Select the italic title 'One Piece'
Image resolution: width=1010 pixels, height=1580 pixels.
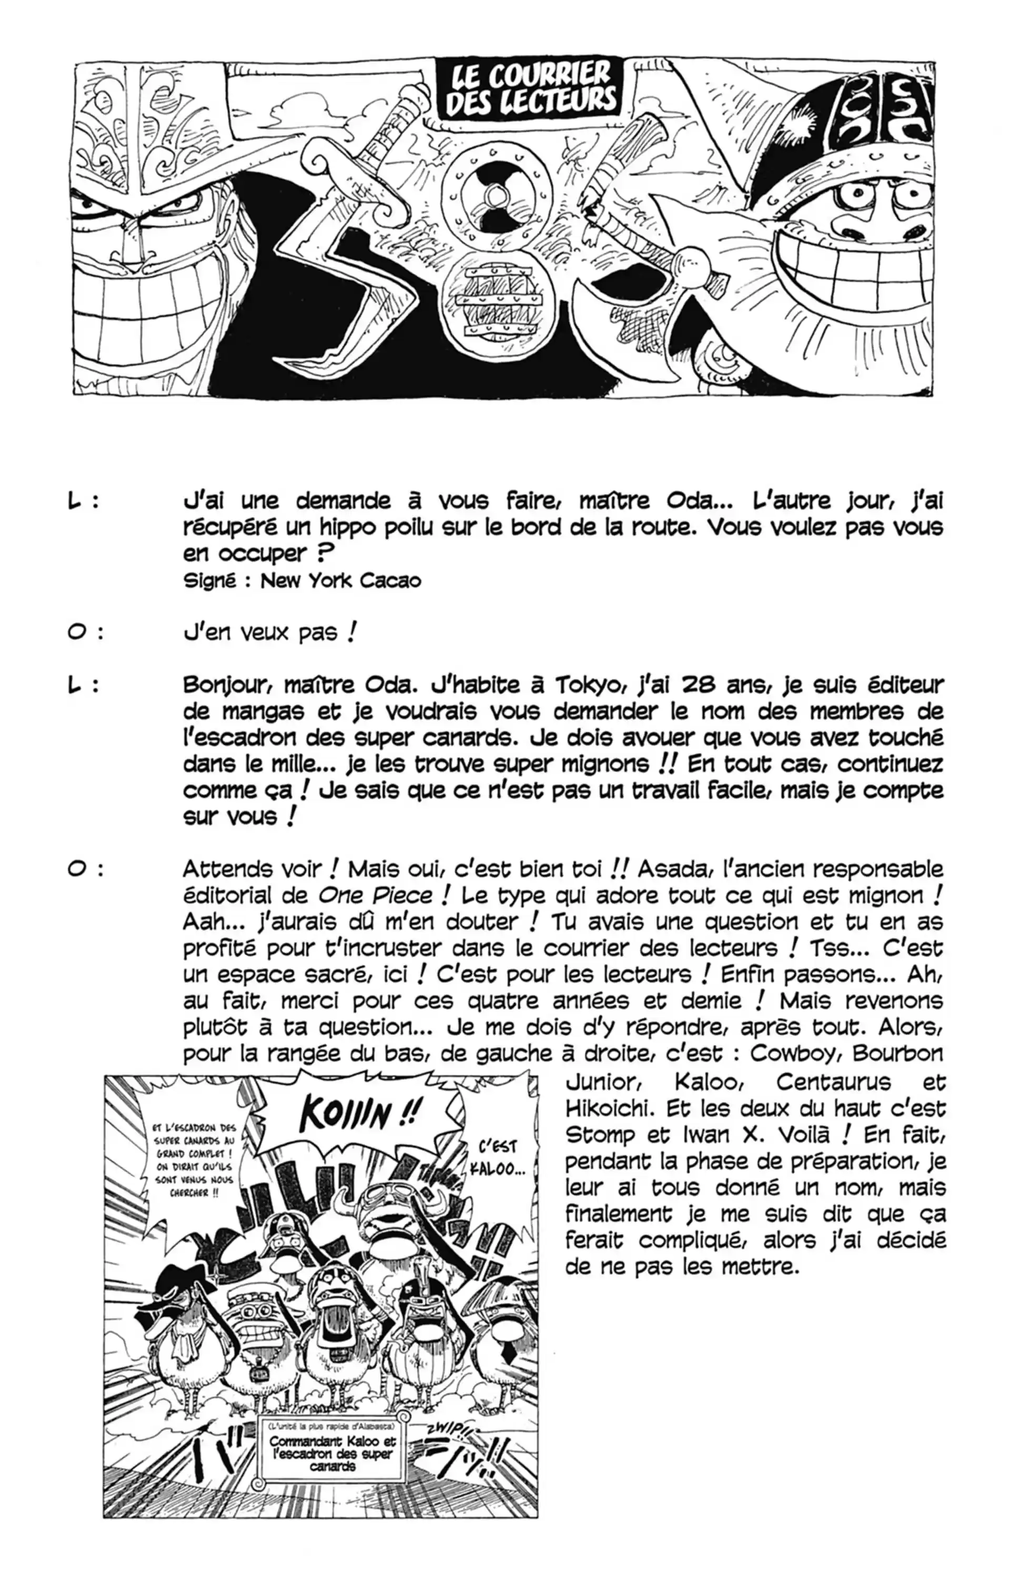[x=376, y=895]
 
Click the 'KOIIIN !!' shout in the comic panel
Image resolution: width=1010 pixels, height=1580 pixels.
[x=358, y=1114]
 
